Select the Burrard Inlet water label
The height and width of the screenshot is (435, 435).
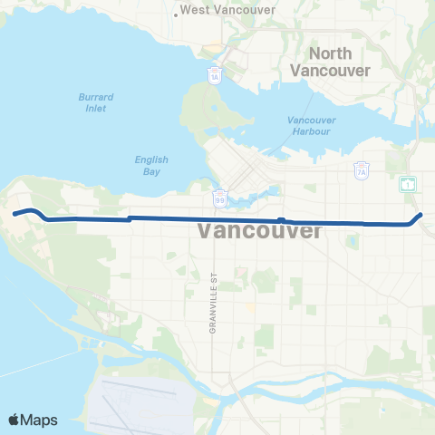[91, 102]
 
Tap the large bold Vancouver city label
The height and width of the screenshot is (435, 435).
[259, 232]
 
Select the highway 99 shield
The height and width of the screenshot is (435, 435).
[220, 196]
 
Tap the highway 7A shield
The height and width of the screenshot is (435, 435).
[360, 169]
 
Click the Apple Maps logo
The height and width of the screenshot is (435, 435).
[33, 420]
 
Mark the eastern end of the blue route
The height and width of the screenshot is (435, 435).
[421, 214]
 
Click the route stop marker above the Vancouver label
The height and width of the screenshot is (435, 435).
[282, 220]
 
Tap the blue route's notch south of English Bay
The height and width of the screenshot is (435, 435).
[130, 217]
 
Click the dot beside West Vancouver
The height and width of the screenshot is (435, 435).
[175, 14]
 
